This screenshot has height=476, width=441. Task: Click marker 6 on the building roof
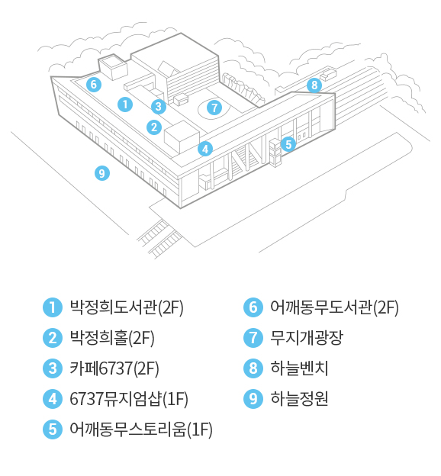click(x=94, y=84)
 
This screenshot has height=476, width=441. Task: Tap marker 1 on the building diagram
click(x=125, y=105)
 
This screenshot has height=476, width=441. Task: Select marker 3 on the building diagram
click(x=159, y=106)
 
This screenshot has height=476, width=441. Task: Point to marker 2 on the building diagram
click(x=154, y=127)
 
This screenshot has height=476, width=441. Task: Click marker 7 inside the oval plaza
click(x=214, y=108)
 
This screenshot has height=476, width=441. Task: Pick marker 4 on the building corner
click(x=205, y=149)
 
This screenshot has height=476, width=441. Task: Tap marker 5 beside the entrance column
click(x=288, y=144)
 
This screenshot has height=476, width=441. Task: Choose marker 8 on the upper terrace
click(x=314, y=85)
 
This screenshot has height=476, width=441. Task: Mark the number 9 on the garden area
click(x=102, y=173)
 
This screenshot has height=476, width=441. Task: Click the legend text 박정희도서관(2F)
click(x=127, y=307)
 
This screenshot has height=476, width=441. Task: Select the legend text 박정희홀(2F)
click(x=112, y=338)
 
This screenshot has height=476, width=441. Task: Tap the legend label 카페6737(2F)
click(x=114, y=368)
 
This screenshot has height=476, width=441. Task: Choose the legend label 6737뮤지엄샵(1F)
click(x=129, y=399)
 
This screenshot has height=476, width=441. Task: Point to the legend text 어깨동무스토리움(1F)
click(x=141, y=429)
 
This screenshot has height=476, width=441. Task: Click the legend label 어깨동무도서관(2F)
click(x=334, y=307)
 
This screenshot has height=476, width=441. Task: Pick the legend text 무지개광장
click(x=307, y=338)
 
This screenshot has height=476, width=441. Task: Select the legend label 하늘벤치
click(x=299, y=368)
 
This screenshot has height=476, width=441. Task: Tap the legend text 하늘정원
click(x=299, y=399)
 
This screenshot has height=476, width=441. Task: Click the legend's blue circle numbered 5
click(x=53, y=429)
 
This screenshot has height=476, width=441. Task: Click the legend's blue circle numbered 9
click(x=253, y=399)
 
